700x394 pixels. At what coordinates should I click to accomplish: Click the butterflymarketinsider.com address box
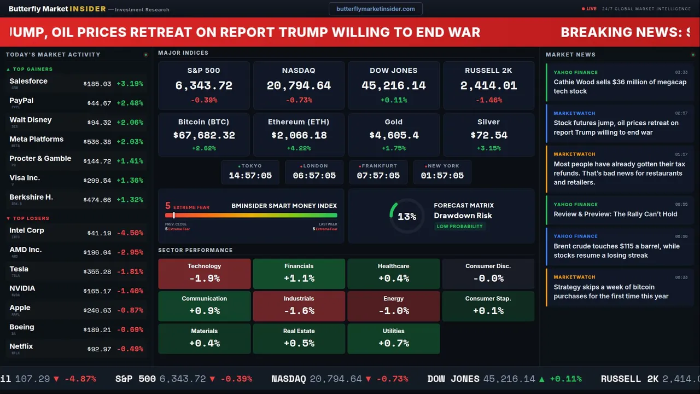coord(376,9)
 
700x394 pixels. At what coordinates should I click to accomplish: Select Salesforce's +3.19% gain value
coord(130,84)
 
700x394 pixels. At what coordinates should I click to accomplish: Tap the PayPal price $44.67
coord(99,103)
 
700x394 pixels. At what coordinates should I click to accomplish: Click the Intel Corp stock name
coord(27,230)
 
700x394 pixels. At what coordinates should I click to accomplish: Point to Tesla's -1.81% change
coord(130,271)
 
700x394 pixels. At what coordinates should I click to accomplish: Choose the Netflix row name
coord(21,346)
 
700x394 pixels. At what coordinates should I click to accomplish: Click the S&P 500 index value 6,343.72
coord(203,86)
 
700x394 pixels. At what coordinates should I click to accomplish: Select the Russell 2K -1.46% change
coord(488,100)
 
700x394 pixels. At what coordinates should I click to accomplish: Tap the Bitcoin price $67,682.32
coord(204,135)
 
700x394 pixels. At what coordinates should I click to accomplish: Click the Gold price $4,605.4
coord(393,135)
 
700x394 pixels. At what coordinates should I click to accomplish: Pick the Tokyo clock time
coord(250,176)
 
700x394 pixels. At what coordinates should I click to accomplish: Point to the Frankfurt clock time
coord(378,176)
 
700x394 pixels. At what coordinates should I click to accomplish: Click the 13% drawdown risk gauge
coord(406,216)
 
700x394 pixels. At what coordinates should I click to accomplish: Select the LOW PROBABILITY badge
coord(459,227)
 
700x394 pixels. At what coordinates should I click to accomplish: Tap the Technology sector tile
coord(204,274)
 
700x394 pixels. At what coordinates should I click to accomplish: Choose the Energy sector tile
coord(393,306)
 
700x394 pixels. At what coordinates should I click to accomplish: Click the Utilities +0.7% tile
coord(393,339)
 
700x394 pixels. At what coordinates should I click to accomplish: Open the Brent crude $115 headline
coord(616,251)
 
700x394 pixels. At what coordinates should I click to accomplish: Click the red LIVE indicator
coord(590,9)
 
